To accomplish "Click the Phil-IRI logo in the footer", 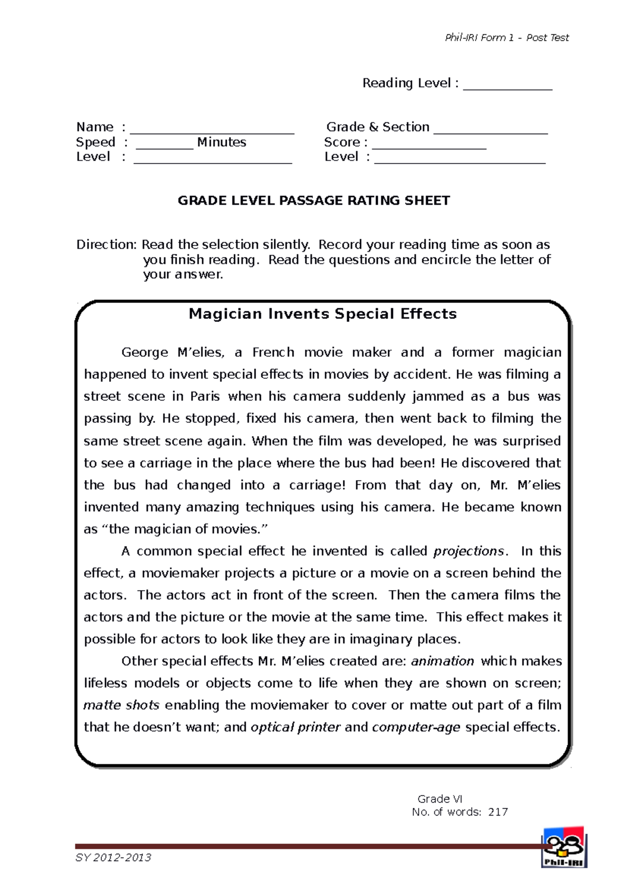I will click(x=563, y=847).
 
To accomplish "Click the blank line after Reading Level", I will click(x=507, y=88).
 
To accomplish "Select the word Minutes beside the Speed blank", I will click(x=222, y=142).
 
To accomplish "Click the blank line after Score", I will click(x=429, y=147).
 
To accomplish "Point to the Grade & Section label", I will click(x=378, y=127).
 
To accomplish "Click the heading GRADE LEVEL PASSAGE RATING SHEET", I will click(x=313, y=201).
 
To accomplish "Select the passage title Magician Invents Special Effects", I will click(x=322, y=313).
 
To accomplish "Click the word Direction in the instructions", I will click(x=106, y=244).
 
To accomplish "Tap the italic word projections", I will click(x=469, y=551).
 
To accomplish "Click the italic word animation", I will click(x=443, y=661).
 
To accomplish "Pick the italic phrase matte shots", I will click(x=121, y=705).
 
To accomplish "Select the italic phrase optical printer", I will click(x=296, y=727).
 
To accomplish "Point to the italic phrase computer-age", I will click(x=416, y=727).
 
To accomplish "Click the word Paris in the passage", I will click(x=205, y=396).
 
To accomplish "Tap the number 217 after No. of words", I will click(x=497, y=812).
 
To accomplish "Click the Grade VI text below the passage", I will click(x=439, y=799).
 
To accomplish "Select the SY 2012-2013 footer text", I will click(x=113, y=857).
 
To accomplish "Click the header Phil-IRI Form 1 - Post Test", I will click(x=506, y=38).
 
